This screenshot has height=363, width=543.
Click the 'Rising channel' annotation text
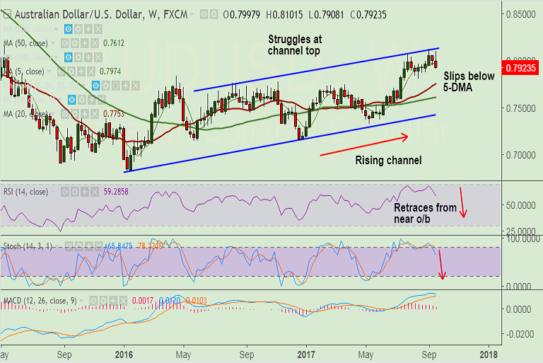click(x=388, y=161)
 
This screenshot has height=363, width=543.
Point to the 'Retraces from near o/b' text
click(x=425, y=214)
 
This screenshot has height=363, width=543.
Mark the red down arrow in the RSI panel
click(x=462, y=202)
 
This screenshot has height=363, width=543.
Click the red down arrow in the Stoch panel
click(x=442, y=265)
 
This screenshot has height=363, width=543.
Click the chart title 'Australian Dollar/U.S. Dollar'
click(x=66, y=13)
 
